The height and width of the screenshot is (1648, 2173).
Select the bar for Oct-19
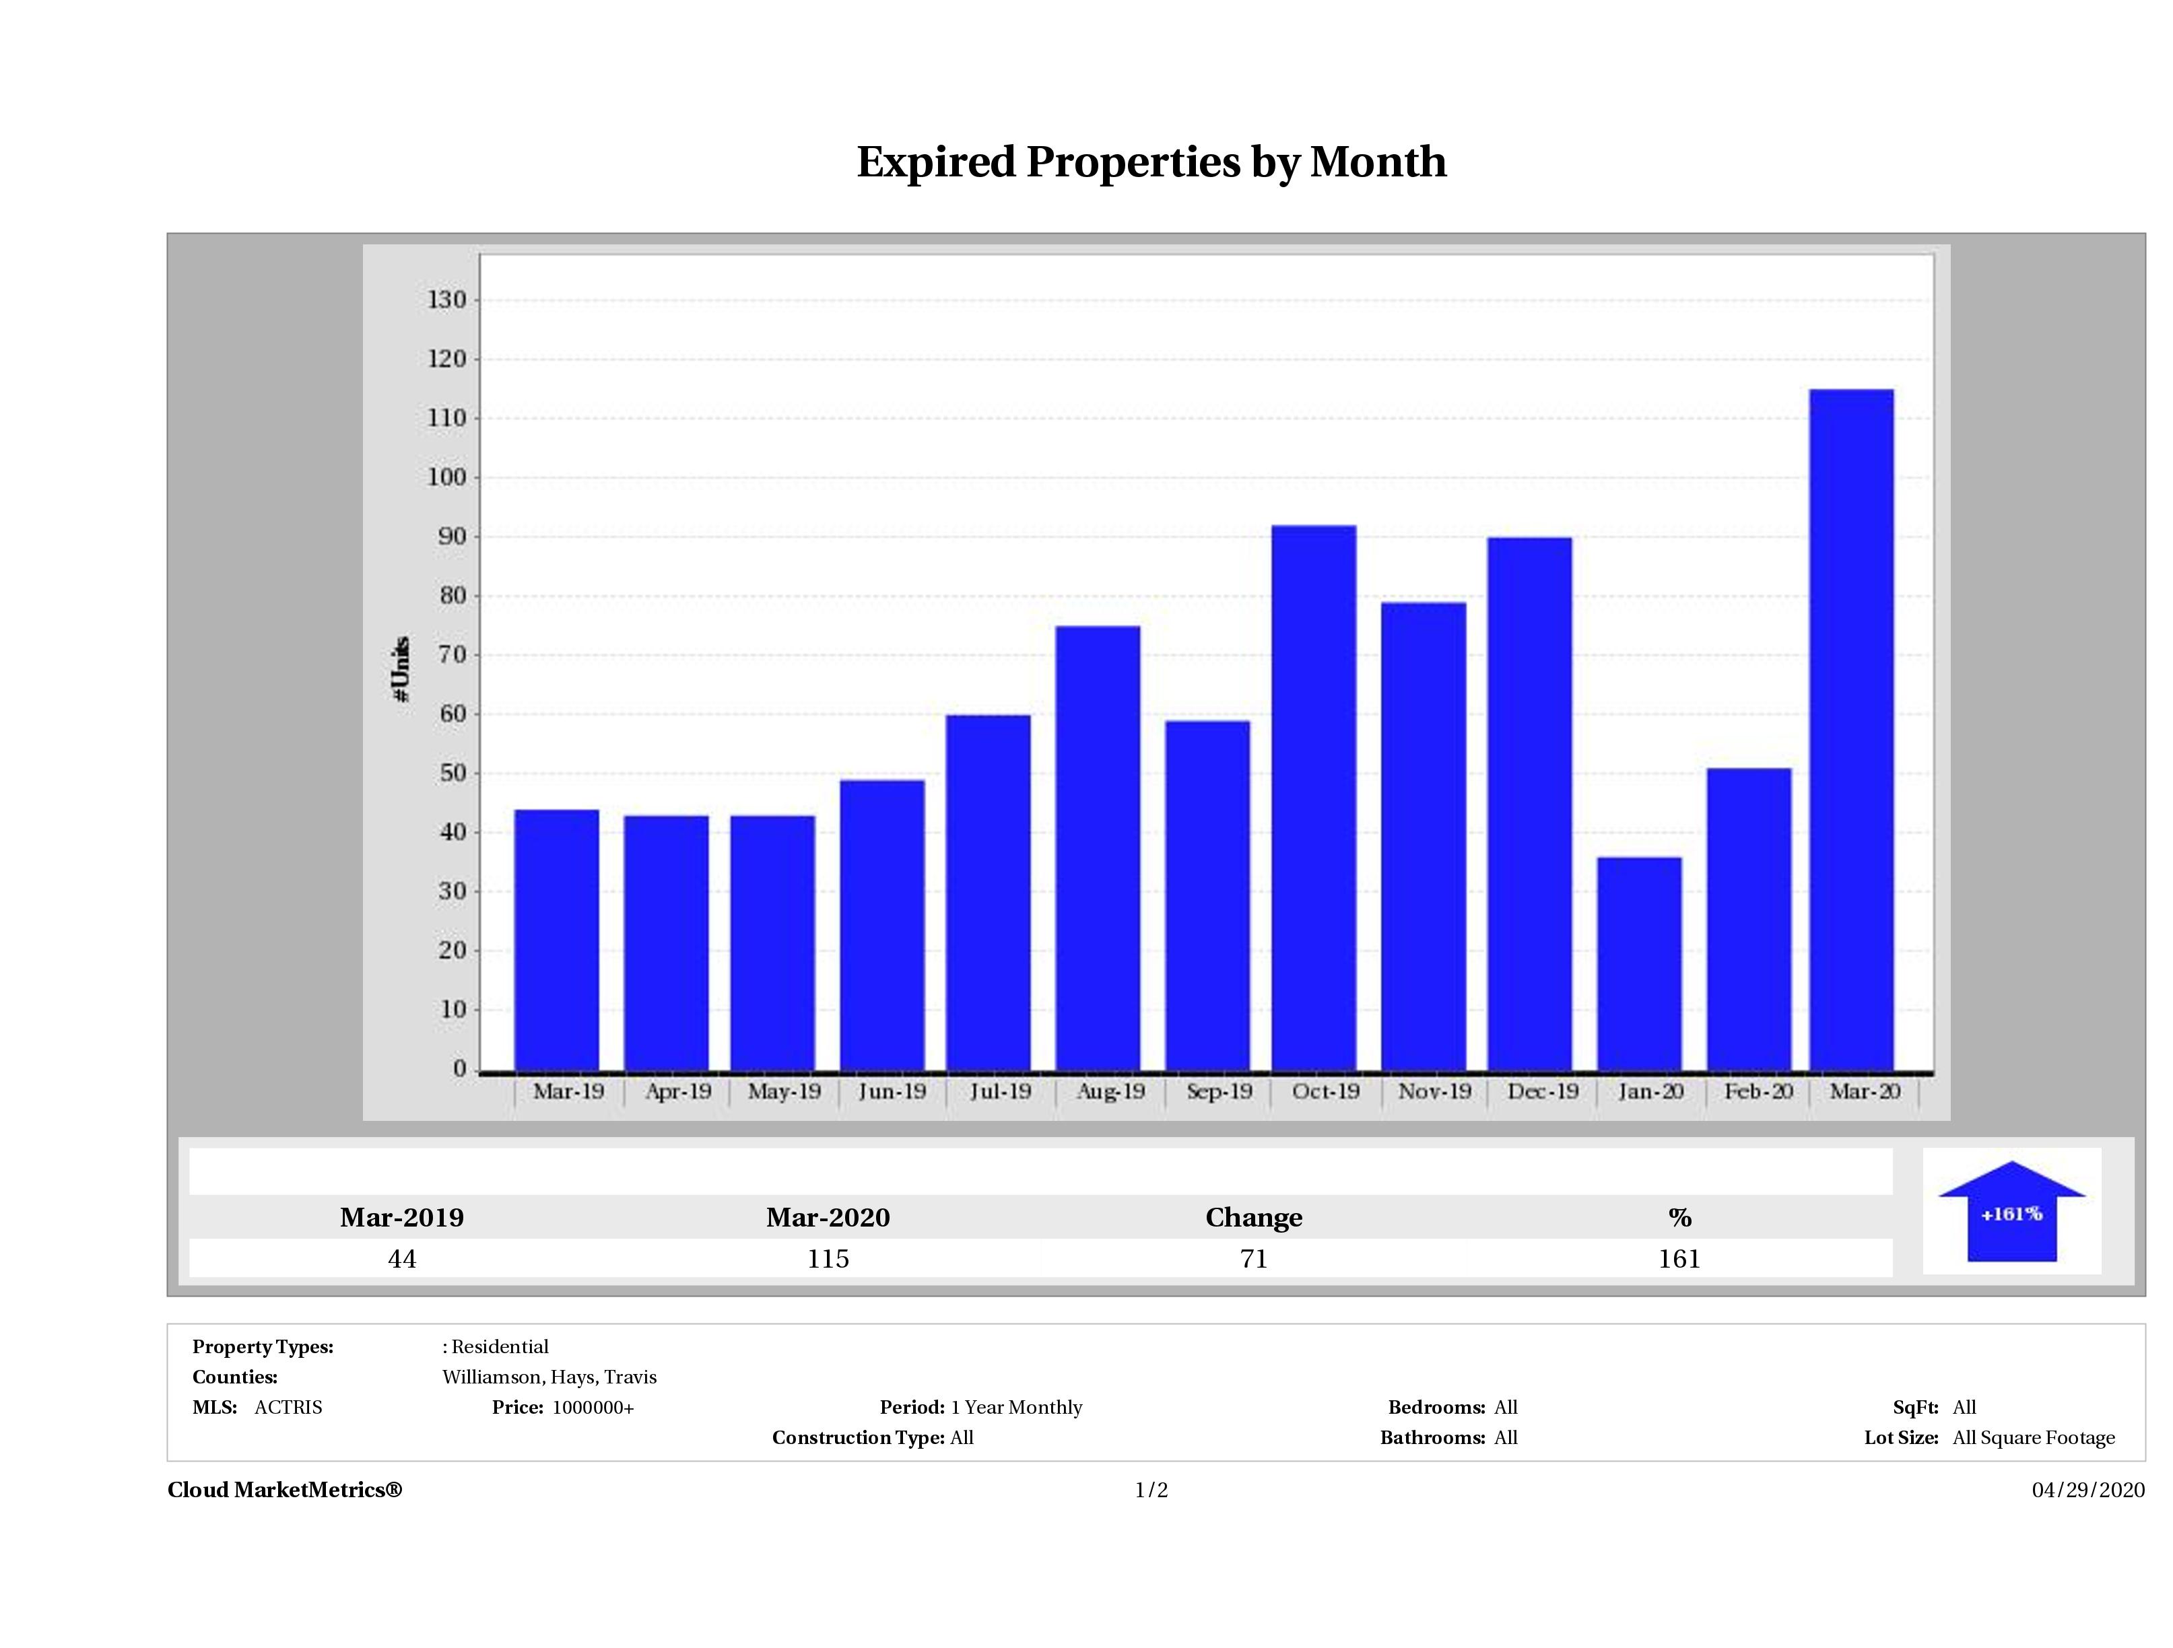pyautogui.click(x=1313, y=798)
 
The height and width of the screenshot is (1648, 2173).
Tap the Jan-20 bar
pyautogui.click(x=1638, y=963)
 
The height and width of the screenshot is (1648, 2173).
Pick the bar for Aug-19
pyautogui.click(x=1098, y=848)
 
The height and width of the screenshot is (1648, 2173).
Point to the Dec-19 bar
pyautogui.click(x=1529, y=803)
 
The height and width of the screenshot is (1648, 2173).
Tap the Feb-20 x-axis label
pyautogui.click(x=1758, y=1091)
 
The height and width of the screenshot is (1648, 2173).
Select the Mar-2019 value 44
pyautogui.click(x=402, y=1258)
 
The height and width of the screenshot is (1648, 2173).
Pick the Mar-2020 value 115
pyautogui.click(x=828, y=1258)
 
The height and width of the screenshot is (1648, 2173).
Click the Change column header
pyautogui.click(x=1254, y=1218)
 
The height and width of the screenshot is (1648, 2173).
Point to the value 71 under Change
pyautogui.click(x=1254, y=1258)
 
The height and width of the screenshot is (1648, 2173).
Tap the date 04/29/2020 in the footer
pyautogui.click(x=2087, y=1490)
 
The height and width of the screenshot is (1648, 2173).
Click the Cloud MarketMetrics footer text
pyautogui.click(x=285, y=1490)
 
